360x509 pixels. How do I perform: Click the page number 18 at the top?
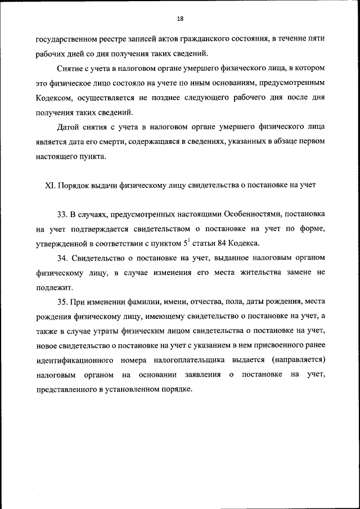coord(180,19)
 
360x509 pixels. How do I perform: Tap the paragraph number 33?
coord(62,215)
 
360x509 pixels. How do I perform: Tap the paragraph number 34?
coord(62,258)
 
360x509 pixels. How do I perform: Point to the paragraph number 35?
coord(62,301)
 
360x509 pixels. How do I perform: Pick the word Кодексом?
coord(55,97)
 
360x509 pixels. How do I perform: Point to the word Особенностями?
coord(250,215)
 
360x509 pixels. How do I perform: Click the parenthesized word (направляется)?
coord(296,360)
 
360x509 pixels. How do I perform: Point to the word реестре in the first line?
coord(109,39)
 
